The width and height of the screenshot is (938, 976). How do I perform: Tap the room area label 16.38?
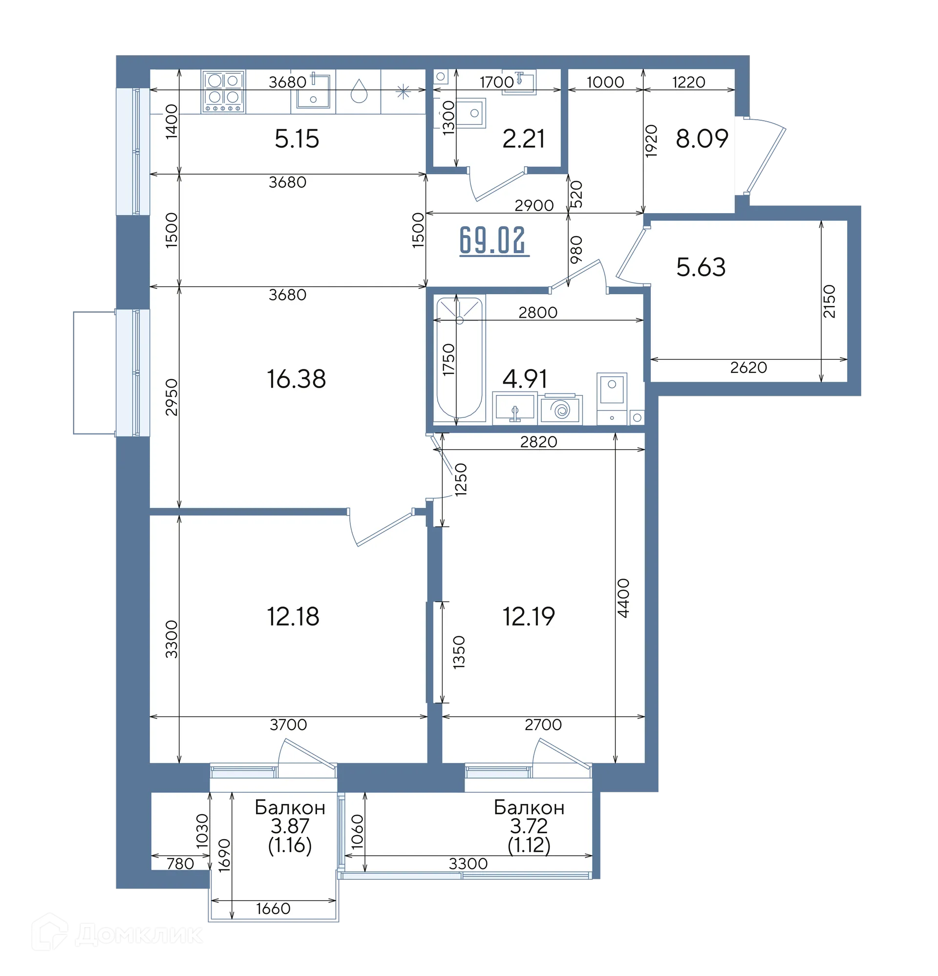[x=296, y=379]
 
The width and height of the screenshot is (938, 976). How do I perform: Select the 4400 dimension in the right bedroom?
[x=623, y=598]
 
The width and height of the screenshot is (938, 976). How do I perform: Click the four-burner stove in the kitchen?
[x=223, y=91]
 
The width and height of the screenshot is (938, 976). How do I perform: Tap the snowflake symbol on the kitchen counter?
[x=403, y=91]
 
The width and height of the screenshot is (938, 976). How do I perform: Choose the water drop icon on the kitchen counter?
[x=359, y=91]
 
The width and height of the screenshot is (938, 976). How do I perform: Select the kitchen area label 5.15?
[x=297, y=139]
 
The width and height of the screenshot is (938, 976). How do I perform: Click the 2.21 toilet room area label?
[x=524, y=139]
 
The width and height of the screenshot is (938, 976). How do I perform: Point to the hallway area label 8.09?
[x=702, y=138]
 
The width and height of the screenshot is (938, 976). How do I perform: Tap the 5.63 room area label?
[x=701, y=267]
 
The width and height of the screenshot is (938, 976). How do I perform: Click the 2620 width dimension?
[x=748, y=368]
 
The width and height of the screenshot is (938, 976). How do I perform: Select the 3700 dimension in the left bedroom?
[x=288, y=724]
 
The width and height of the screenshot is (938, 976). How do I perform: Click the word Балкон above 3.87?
[x=290, y=807]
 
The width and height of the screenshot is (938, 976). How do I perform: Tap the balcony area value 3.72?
[x=528, y=826]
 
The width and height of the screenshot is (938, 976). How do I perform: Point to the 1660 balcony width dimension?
[x=273, y=909]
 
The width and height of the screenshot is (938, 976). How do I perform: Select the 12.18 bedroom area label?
[x=293, y=616]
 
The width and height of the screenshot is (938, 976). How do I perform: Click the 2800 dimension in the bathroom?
[x=538, y=313]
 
